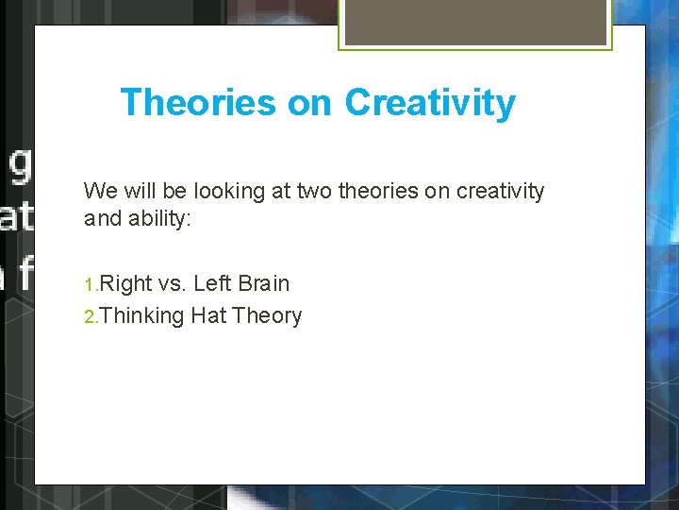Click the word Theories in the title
[198, 102]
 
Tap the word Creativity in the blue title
[430, 102]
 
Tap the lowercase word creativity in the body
[500, 192]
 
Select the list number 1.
[91, 284]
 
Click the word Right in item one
[125, 283]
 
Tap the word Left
[212, 283]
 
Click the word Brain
[264, 283]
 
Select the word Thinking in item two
[141, 316]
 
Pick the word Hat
[207, 315]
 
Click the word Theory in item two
[266, 316]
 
